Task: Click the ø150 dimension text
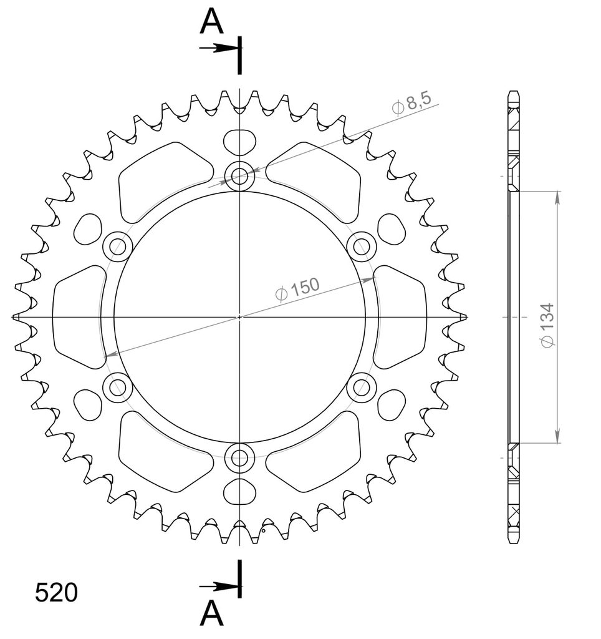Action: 297,289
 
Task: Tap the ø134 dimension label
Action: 547,325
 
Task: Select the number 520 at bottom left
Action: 56,593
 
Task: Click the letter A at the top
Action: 212,22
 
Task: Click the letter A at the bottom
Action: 212,613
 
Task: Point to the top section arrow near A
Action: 219,48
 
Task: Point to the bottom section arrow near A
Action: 219,587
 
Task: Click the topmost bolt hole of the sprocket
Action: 240,175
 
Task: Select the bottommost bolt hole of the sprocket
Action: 240,457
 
